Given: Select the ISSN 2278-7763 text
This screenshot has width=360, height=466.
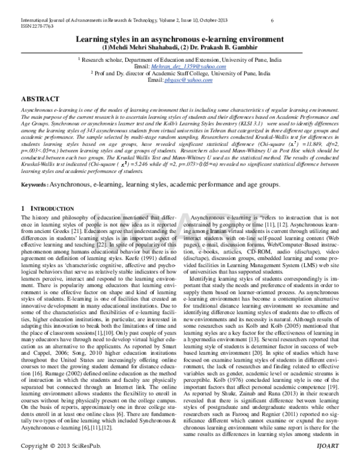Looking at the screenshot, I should [x=37, y=26].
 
